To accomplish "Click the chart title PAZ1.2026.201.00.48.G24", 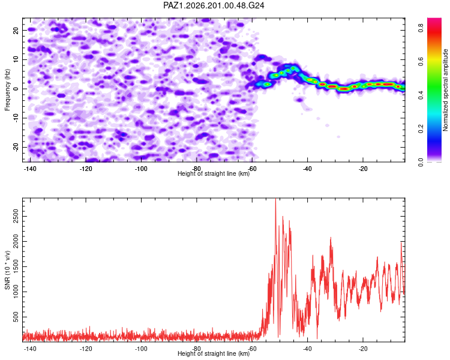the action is pyautogui.click(x=214, y=5).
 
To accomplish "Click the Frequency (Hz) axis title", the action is pyautogui.click(x=7, y=90).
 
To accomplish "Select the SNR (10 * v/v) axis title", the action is pyautogui.click(x=7, y=270).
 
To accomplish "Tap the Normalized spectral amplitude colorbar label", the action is pyautogui.click(x=445, y=90).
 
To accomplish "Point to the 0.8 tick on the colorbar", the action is pyautogui.click(x=421, y=28).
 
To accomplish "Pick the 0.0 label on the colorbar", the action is pyautogui.click(x=421, y=162).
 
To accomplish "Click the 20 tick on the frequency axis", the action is pyautogui.click(x=16, y=30).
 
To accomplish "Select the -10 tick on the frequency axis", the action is pyautogui.click(x=16, y=118).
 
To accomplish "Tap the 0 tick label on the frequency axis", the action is pyautogui.click(x=16, y=89).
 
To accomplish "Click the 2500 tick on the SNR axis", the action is pyautogui.click(x=16, y=216).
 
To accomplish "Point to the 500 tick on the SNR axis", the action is pyautogui.click(x=16, y=317).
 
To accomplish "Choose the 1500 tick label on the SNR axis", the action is pyautogui.click(x=16, y=266).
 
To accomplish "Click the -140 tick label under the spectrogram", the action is pyautogui.click(x=30, y=169).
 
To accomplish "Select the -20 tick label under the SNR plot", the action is pyautogui.click(x=363, y=349).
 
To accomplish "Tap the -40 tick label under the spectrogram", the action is pyautogui.click(x=307, y=169).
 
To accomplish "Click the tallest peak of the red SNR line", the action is pyautogui.click(x=275, y=199).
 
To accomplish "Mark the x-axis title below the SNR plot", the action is pyautogui.click(x=214, y=353).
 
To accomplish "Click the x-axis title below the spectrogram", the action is pyautogui.click(x=214, y=173).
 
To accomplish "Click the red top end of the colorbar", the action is pyautogui.click(x=434, y=19).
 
